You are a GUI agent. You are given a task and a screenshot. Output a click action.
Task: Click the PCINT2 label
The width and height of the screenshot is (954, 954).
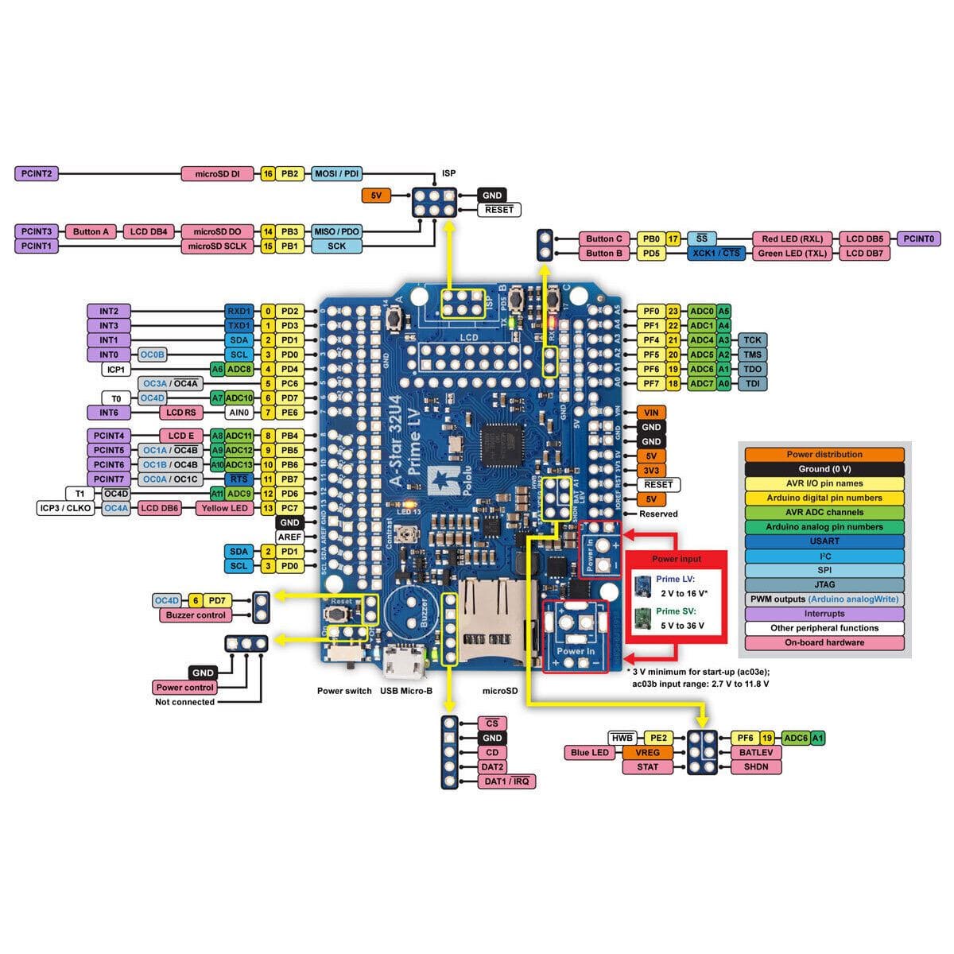coord(37,173)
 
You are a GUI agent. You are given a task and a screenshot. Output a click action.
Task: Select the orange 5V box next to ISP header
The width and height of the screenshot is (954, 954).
coord(375,195)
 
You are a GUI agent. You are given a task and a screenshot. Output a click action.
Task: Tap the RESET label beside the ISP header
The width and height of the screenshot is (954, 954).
coord(499,210)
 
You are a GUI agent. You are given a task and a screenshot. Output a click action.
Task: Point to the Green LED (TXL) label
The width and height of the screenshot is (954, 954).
coord(792,254)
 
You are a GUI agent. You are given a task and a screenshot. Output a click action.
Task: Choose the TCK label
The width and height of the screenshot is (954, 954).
coord(752,339)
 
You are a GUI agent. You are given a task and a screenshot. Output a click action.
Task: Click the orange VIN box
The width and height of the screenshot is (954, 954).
coord(651,413)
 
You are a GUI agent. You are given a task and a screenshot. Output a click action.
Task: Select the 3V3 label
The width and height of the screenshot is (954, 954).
coord(651,470)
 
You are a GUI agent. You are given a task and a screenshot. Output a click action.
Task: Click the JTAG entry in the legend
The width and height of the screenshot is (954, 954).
coord(824,584)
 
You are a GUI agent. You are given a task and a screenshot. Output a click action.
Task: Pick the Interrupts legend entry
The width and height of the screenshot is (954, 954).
coord(824,614)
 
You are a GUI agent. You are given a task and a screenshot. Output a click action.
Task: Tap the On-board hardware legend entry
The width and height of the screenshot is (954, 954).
coord(824,642)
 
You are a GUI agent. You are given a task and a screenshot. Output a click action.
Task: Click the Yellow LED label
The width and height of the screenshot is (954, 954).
coord(225,508)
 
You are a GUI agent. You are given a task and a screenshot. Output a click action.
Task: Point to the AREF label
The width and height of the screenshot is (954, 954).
coord(289,537)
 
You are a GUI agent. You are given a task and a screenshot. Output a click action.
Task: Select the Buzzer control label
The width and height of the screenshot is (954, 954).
coord(196,615)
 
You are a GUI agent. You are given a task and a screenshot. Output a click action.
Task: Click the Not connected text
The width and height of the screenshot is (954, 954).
coord(184,702)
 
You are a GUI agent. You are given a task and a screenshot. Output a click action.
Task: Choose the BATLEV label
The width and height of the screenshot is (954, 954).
coord(755,752)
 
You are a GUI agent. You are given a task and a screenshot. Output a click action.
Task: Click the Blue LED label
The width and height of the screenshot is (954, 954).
coord(590,752)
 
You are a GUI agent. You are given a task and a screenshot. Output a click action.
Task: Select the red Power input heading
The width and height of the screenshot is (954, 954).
coord(677,559)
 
